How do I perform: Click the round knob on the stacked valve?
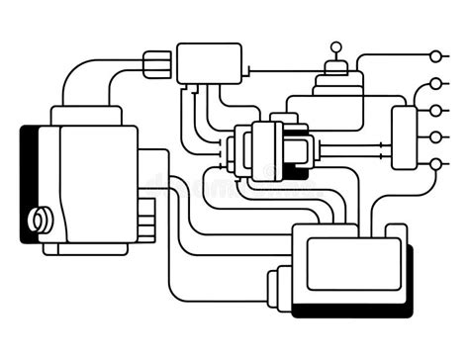(x=334, y=45)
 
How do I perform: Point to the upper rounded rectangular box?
(x=209, y=63)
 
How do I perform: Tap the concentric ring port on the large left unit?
(x=42, y=219)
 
